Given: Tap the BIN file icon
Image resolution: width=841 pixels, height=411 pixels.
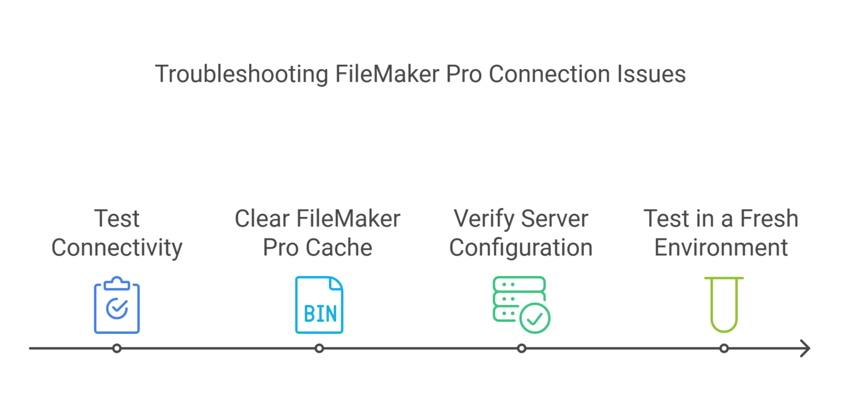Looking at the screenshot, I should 319,305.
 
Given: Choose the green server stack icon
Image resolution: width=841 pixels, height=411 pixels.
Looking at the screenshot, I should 520,305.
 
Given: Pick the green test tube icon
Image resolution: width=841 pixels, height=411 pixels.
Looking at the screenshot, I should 724,304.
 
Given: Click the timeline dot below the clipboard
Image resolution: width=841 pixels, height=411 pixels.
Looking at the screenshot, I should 117,349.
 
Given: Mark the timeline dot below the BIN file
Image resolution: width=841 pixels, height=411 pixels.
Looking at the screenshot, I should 319,349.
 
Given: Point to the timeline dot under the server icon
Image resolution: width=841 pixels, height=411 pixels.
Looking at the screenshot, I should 522,349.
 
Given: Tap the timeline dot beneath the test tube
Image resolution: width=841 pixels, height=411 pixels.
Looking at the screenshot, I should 724,349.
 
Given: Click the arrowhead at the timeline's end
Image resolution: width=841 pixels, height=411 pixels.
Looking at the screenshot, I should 805,349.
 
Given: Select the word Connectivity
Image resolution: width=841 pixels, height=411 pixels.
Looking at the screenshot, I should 117,248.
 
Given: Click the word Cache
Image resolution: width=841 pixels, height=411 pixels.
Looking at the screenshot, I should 345,248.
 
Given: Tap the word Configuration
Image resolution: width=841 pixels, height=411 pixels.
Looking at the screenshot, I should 521,248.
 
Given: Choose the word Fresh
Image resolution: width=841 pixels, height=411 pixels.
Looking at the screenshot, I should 769,219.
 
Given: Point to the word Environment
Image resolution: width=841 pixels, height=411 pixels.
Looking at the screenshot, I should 721,248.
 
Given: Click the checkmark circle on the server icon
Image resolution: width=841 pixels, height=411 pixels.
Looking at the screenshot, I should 534,317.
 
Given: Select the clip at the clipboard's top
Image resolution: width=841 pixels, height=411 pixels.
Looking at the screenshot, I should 117,283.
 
